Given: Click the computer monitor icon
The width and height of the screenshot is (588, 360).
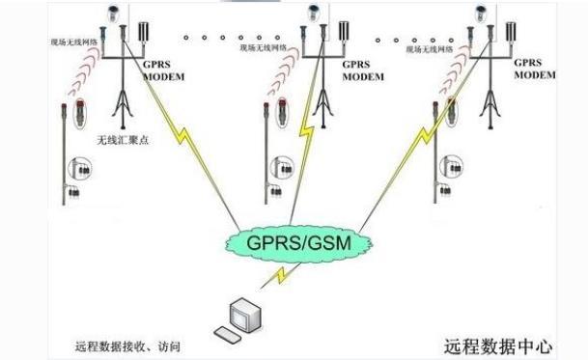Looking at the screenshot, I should tap(241, 313).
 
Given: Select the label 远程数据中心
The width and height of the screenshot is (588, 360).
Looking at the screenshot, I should tap(498, 344).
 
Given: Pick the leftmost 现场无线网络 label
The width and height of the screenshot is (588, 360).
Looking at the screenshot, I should tap(73, 42).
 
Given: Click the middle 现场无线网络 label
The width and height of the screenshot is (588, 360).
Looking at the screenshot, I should tap(262, 46).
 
